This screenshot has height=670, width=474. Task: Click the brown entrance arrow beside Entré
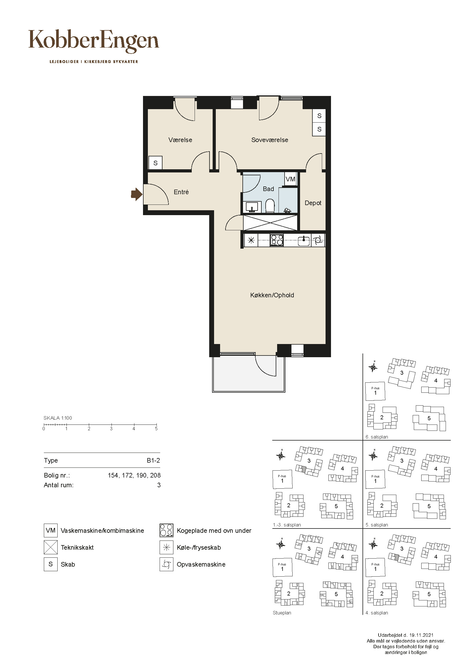point(136,194)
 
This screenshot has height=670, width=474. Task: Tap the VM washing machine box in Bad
point(290,179)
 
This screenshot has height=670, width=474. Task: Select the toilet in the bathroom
point(270,206)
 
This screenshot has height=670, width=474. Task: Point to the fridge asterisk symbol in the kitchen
point(251,240)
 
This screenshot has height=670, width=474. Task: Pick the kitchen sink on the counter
point(304,240)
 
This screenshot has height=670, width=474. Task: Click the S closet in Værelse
point(155,163)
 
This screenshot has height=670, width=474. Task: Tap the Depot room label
point(313,203)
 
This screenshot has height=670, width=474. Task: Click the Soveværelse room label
point(270,140)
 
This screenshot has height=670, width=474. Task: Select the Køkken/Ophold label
point(272,295)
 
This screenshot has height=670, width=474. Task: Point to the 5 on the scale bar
point(156,429)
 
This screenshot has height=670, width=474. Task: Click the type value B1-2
point(153,461)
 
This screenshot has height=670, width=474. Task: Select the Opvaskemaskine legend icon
point(167,564)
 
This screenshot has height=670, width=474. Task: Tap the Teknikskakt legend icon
point(50,547)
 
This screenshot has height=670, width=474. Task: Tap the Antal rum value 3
point(159,485)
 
